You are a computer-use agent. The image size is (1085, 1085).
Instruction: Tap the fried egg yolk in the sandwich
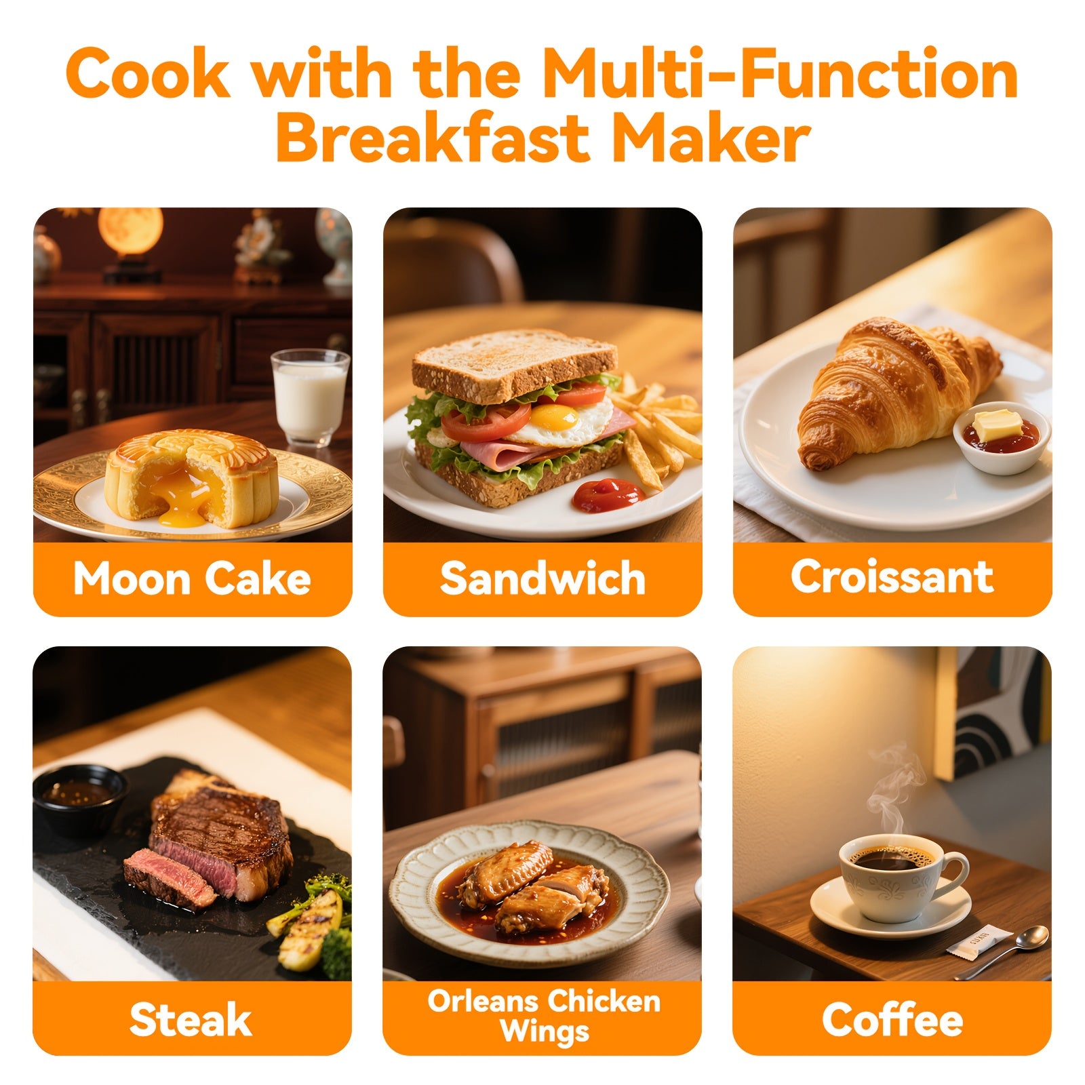click(554, 416)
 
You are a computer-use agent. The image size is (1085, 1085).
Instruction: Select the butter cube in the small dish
click(998, 425)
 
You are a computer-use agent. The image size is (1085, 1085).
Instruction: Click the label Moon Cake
click(192, 579)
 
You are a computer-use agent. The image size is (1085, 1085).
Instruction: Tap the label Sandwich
click(542, 579)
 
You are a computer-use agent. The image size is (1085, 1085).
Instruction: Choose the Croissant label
click(892, 577)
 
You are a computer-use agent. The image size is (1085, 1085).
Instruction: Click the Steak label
click(191, 1019)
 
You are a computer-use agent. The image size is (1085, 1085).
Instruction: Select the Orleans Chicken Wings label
click(543, 1017)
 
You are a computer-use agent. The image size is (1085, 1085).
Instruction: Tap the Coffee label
click(892, 1020)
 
